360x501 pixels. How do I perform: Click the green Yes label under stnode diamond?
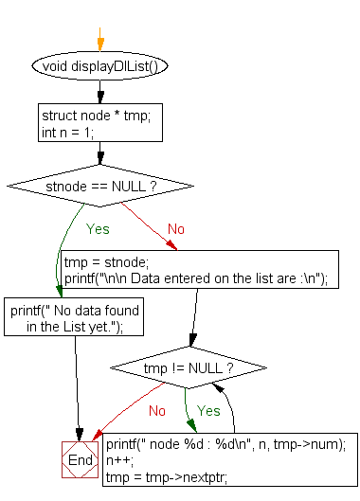point(98,229)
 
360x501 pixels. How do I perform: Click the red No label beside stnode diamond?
point(176,229)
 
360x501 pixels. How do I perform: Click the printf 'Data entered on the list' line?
point(194,277)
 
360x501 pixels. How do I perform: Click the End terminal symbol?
point(81,460)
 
